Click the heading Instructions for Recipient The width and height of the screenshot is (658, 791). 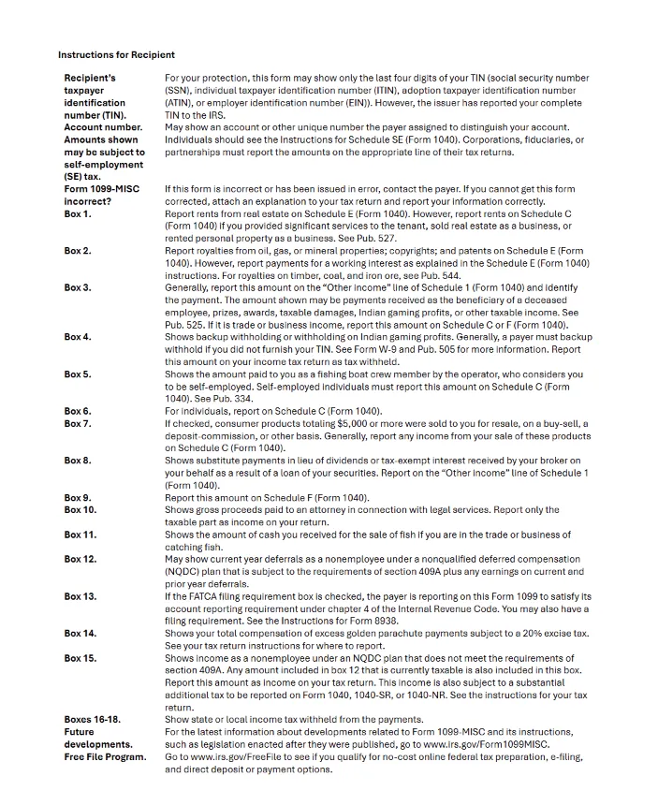point(116,54)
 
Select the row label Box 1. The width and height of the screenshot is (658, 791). point(78,214)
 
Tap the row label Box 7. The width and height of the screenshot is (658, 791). point(78,424)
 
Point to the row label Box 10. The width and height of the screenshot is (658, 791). point(80,510)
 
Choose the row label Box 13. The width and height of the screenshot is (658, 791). point(80,596)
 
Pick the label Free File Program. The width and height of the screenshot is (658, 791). point(105,757)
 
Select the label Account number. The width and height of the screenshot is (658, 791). point(103,127)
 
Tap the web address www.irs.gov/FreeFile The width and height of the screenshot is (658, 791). point(242,757)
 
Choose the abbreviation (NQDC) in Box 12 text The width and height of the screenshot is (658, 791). point(183,572)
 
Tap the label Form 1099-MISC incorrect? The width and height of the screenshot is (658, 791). point(101,195)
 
